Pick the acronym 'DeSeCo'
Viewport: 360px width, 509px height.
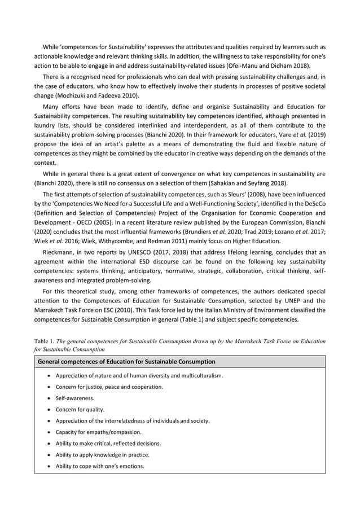tap(313, 203)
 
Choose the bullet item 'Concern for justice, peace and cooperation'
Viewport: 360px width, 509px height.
tap(109, 387)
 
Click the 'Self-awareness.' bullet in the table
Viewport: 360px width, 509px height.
tap(74, 398)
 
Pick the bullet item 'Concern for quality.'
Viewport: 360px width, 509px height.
tap(80, 409)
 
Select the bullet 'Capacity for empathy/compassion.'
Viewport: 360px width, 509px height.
tap(99, 432)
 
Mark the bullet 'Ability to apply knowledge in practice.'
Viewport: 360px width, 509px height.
tap(102, 454)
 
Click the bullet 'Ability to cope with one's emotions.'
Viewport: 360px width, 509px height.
tap(99, 466)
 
